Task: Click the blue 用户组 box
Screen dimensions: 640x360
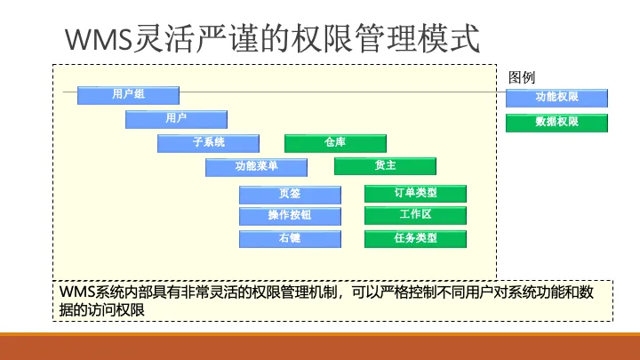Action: coord(128,95)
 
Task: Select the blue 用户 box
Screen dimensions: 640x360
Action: coord(176,119)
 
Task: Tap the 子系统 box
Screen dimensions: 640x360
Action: coord(208,143)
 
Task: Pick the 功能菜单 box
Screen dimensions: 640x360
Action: coord(256,167)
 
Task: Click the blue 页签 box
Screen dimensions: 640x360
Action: coord(290,195)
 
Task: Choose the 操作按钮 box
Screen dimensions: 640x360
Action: coord(290,216)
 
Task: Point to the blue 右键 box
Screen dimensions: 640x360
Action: coord(290,239)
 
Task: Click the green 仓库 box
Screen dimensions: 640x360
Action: coord(335,143)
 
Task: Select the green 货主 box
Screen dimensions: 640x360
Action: coord(385,166)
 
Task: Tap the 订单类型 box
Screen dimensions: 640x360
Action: coord(415,194)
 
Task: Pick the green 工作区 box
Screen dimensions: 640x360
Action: coord(415,215)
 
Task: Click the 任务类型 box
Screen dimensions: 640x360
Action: coord(415,239)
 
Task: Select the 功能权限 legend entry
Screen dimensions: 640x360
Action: coord(556,98)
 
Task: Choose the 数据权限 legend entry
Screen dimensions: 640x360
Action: coord(556,123)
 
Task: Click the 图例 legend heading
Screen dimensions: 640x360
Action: coord(522,77)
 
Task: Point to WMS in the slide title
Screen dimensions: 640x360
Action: coord(99,39)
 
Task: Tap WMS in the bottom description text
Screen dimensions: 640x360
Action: coord(76,292)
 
